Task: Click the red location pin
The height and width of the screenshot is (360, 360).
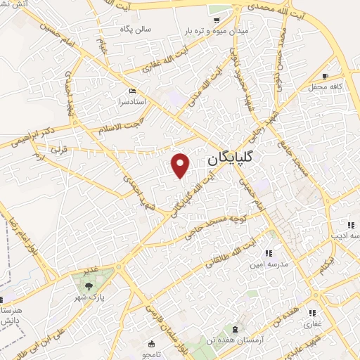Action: (x=181, y=165)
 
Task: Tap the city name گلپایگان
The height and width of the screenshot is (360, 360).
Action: (x=231, y=160)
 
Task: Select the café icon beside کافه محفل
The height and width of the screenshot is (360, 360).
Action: (x=325, y=76)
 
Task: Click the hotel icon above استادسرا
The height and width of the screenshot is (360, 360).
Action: (x=132, y=91)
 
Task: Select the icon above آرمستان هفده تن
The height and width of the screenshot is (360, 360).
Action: (x=235, y=330)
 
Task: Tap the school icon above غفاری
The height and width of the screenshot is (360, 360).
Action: (x=311, y=313)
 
